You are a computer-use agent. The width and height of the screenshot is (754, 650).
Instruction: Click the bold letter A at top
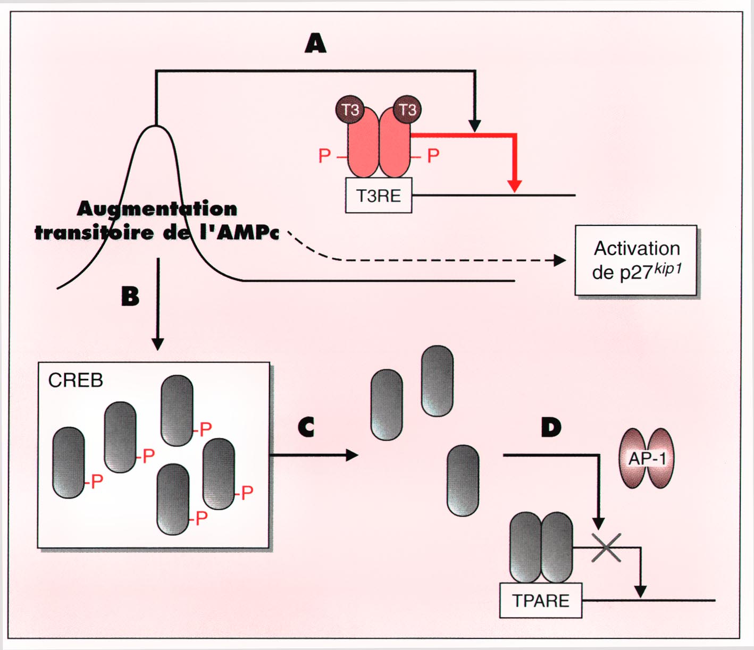[315, 43]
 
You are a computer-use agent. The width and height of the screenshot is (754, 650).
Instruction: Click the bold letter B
[130, 296]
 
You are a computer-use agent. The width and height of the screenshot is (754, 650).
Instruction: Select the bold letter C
[306, 427]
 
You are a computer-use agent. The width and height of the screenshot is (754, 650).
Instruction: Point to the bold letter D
[551, 427]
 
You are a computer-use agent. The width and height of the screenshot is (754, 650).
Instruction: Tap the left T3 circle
[350, 110]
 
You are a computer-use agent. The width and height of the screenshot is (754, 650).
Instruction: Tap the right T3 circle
[407, 110]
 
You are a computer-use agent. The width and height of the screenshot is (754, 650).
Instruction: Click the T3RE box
[379, 196]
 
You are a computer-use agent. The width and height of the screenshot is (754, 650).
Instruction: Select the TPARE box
[541, 601]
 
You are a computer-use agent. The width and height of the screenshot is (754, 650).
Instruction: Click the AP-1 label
[647, 458]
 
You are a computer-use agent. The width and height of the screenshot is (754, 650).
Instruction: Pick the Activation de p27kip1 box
[636, 260]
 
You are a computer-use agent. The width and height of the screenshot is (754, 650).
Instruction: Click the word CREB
[76, 381]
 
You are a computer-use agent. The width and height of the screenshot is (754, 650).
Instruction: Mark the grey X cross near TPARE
[606, 547]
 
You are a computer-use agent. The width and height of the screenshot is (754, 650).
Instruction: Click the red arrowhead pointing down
[514, 186]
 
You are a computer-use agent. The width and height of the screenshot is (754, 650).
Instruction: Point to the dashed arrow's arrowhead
[560, 260]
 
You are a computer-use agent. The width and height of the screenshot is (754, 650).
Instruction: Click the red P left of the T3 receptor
[324, 156]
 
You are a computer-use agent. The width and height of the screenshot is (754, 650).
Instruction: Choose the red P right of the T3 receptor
[433, 156]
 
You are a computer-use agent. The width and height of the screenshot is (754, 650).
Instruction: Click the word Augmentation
[157, 208]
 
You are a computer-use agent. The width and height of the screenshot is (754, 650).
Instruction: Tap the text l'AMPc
[239, 232]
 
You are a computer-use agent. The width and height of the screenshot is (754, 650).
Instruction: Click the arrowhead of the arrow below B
[158, 344]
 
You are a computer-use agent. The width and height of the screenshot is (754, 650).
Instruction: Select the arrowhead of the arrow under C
[352, 455]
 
